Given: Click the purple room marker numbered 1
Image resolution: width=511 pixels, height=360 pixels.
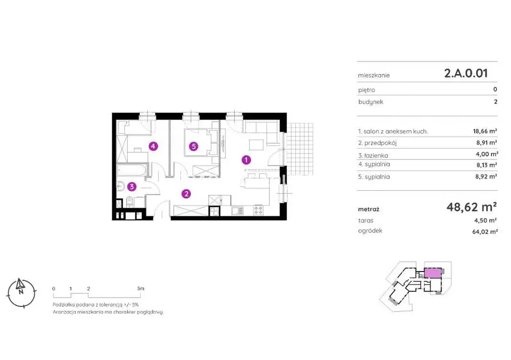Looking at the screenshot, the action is [246, 160].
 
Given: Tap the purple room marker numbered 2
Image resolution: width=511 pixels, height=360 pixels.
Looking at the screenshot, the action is [186, 194].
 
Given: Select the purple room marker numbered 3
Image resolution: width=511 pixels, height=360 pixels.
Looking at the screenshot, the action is [132, 187].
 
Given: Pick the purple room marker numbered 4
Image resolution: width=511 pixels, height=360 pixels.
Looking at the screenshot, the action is [153, 146].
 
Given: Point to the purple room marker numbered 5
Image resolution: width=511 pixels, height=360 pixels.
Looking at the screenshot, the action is [194, 146].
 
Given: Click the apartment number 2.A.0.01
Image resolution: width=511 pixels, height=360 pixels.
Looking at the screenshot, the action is [466, 73].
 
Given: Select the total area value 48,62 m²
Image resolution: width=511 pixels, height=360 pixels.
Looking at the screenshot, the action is [472, 207].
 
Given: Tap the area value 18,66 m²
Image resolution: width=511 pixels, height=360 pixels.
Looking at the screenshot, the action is [485, 131].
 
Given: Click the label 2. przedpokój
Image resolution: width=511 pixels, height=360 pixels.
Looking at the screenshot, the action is [378, 143].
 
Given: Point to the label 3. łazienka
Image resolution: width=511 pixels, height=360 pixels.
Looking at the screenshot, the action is [373, 155].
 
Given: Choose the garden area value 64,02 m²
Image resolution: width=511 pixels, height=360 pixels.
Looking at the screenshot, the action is [485, 232].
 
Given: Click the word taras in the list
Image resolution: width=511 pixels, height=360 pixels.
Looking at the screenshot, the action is [366, 221].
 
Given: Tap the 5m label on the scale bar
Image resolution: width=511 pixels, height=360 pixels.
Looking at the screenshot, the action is [141, 288].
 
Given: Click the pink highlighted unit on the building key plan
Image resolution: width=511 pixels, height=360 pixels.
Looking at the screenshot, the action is [432, 273].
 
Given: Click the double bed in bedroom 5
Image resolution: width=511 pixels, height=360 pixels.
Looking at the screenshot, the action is [201, 143].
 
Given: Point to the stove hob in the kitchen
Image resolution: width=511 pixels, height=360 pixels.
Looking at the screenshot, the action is [258, 210].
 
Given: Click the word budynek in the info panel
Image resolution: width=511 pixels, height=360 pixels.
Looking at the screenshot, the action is [370, 102].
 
